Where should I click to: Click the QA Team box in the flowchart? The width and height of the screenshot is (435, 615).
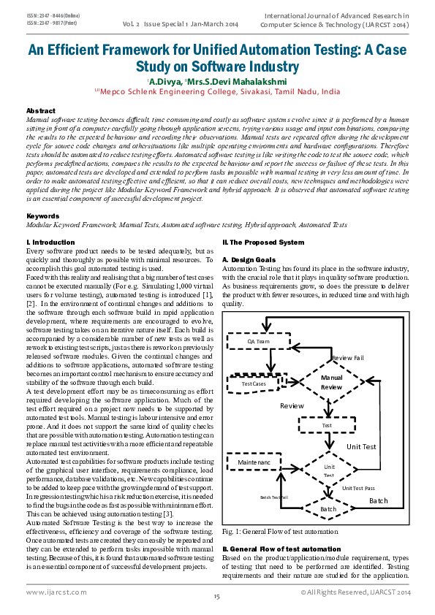[x=258, y=341]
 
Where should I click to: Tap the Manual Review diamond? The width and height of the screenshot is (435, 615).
[x=332, y=382]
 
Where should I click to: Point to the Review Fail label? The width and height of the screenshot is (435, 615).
[x=347, y=358]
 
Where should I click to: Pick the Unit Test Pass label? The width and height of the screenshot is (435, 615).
[x=358, y=488]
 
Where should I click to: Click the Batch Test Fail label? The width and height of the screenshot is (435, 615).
[x=274, y=497]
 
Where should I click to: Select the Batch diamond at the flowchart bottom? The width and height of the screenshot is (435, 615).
[x=328, y=508]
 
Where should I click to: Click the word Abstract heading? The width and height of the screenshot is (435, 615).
[x=41, y=110]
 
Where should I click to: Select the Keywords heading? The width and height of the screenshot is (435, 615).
[x=42, y=217]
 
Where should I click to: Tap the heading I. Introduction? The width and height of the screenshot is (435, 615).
[x=50, y=242]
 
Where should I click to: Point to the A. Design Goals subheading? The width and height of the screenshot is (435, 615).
[x=249, y=259]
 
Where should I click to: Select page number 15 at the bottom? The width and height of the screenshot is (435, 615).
[x=217, y=597]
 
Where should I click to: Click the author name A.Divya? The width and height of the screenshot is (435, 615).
[x=150, y=82]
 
